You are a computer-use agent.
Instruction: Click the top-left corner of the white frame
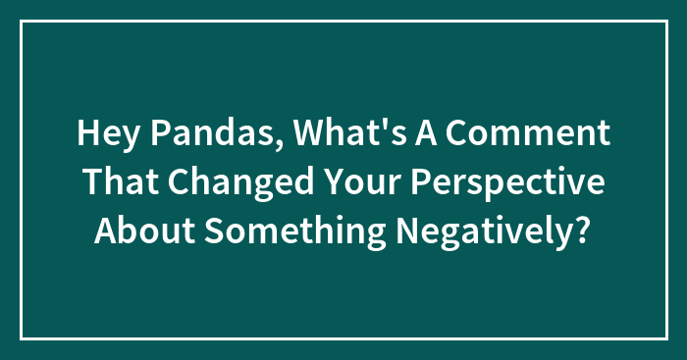(22, 22)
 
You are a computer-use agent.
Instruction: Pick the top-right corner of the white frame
(665, 22)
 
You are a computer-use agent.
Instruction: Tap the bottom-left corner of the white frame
(22, 338)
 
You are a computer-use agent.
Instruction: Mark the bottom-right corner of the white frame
(665, 338)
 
